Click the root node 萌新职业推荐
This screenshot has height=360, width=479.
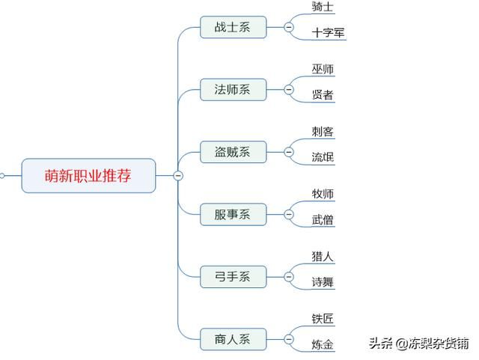(x=88, y=176)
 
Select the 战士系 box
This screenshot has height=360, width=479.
(x=233, y=27)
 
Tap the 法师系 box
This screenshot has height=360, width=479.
(x=233, y=90)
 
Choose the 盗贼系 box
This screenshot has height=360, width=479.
(x=233, y=152)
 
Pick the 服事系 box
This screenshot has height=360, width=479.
(x=233, y=214)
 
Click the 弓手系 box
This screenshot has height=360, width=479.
(x=233, y=277)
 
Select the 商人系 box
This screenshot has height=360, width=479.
(x=233, y=339)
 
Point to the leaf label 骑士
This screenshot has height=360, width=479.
(x=323, y=7)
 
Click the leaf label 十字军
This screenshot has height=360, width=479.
(x=328, y=33)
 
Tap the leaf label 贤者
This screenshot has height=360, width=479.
(x=323, y=95)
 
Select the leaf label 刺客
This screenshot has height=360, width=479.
(x=323, y=132)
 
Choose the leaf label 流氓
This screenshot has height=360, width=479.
(x=323, y=157)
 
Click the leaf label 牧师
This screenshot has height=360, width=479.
(x=323, y=194)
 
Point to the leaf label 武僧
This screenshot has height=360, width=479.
(x=323, y=220)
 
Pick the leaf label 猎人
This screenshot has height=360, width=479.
(x=323, y=256)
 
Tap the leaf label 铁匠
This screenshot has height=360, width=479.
(x=323, y=319)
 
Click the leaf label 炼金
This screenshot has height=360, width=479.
(x=323, y=345)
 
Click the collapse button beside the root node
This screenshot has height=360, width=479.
(x=178, y=176)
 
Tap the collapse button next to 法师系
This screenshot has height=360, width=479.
(x=289, y=90)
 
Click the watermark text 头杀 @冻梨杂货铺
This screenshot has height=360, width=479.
(x=418, y=344)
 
